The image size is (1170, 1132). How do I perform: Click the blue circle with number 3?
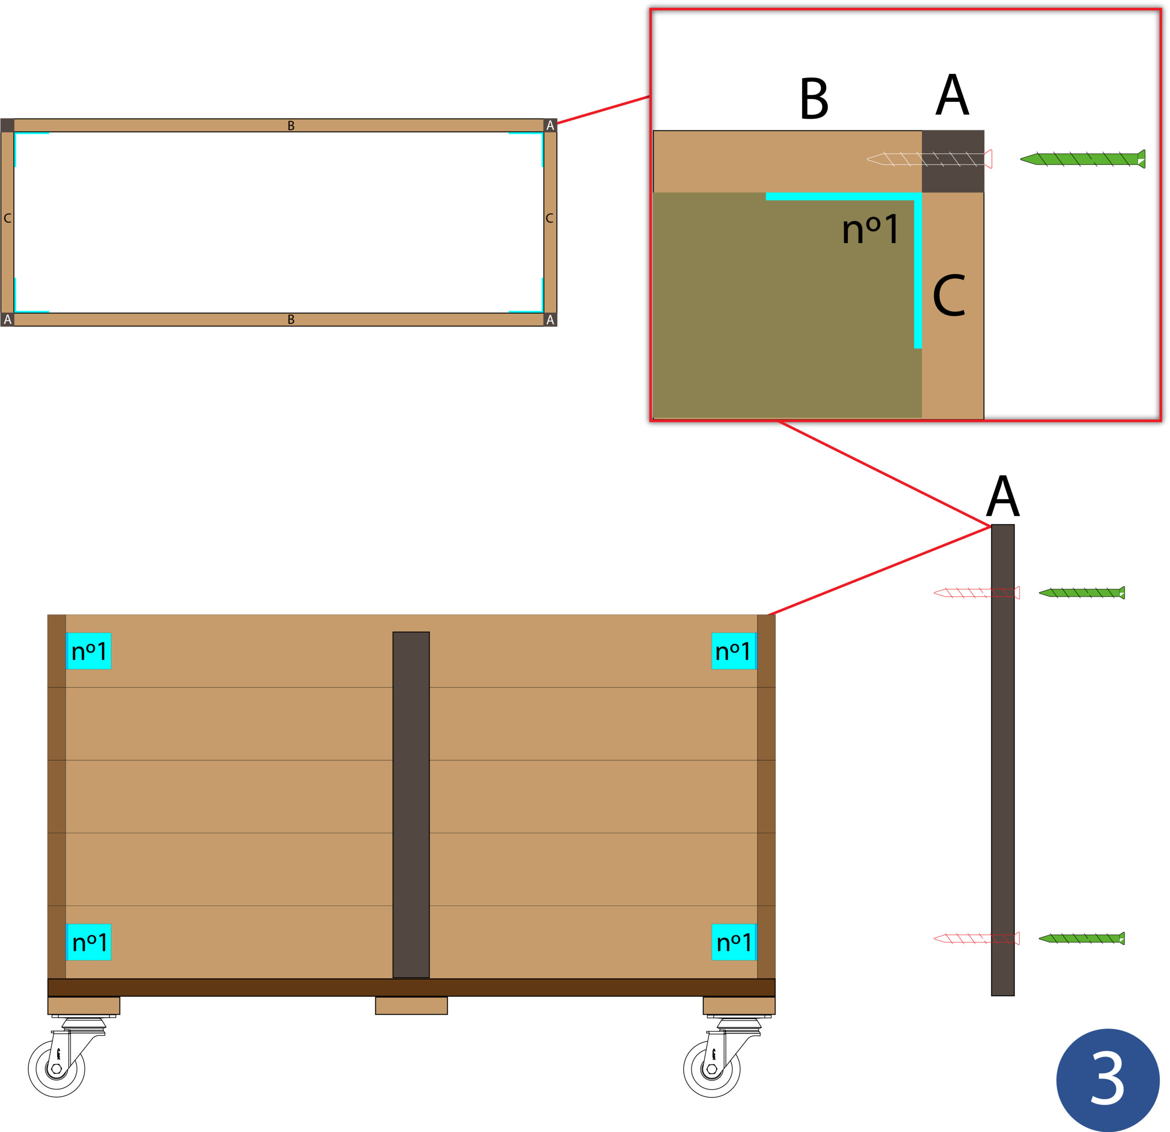click(x=1107, y=1079)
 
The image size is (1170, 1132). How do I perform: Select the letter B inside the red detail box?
click(x=814, y=99)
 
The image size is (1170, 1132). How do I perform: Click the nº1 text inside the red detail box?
click(x=870, y=230)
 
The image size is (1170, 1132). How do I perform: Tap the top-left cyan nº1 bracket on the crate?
click(x=88, y=651)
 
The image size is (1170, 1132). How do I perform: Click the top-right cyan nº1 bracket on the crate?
click(x=734, y=651)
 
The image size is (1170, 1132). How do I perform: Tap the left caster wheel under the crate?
click(x=57, y=1068)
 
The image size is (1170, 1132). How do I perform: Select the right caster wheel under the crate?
click(x=712, y=1068)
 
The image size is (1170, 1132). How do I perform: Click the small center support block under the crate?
click(x=411, y=1005)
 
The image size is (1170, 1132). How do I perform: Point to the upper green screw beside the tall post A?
click(x=1082, y=592)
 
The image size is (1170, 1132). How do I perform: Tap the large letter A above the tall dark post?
click(x=1002, y=497)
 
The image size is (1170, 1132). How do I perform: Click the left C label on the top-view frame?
click(x=7, y=218)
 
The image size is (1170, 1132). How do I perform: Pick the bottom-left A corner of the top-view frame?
click(x=7, y=320)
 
